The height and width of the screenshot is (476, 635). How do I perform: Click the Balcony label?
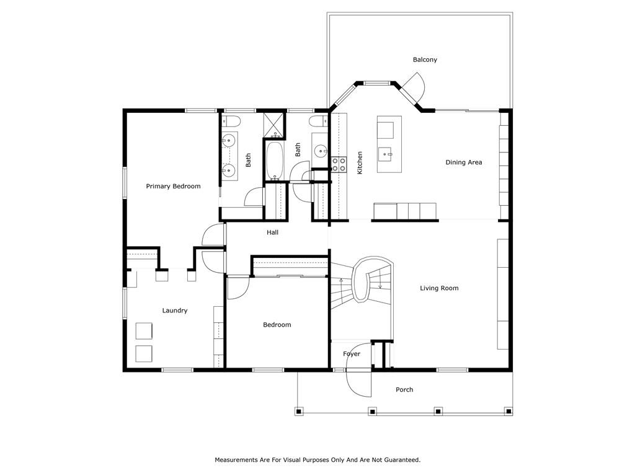(425, 59)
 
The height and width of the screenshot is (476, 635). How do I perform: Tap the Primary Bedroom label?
(174, 186)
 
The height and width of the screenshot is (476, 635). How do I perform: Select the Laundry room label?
(174, 311)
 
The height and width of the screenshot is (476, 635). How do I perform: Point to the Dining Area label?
(464, 162)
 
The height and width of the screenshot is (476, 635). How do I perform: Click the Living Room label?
(439, 288)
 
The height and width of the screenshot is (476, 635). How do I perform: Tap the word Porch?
(404, 389)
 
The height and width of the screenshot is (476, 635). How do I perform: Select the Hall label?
(273, 232)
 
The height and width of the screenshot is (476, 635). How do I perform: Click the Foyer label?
(352, 354)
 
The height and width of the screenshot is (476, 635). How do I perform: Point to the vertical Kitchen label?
(360, 163)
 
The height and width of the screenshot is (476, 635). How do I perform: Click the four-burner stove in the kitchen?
(339, 164)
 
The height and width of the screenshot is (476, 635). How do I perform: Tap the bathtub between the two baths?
(275, 161)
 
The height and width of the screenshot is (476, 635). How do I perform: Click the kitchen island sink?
(384, 154)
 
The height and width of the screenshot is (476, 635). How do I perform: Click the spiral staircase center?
(362, 283)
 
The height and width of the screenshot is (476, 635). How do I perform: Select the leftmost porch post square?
(298, 412)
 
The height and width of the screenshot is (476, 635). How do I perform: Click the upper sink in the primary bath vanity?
(229, 141)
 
